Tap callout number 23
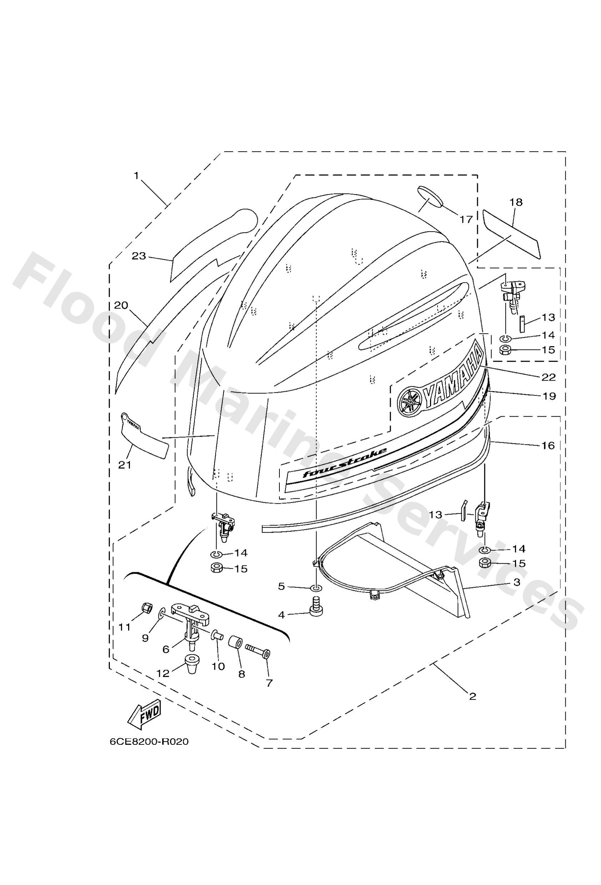click(139, 256)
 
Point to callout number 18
click(516, 202)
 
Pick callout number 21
click(125, 464)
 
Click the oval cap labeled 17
click(430, 197)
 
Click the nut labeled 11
click(145, 607)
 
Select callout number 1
click(136, 176)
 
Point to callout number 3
click(516, 582)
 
